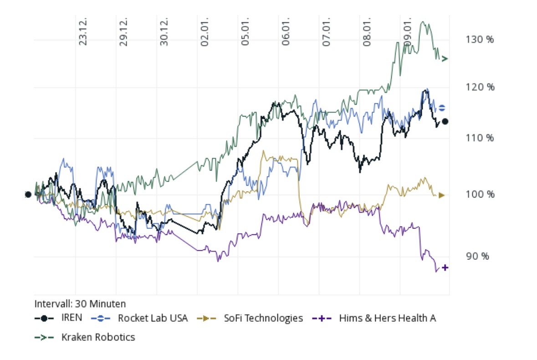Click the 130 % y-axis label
[x=480, y=40]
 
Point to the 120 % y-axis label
[x=480, y=87]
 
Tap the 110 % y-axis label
[x=480, y=138]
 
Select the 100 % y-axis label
[x=480, y=195]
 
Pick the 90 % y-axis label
[x=478, y=256]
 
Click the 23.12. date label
[x=83, y=32]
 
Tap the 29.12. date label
[x=123, y=32]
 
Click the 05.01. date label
[x=245, y=32]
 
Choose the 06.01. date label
[x=286, y=32]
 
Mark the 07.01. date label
[x=327, y=32]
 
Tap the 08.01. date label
[x=367, y=32]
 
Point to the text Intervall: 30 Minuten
[x=80, y=304]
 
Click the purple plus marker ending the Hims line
[x=445, y=268]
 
